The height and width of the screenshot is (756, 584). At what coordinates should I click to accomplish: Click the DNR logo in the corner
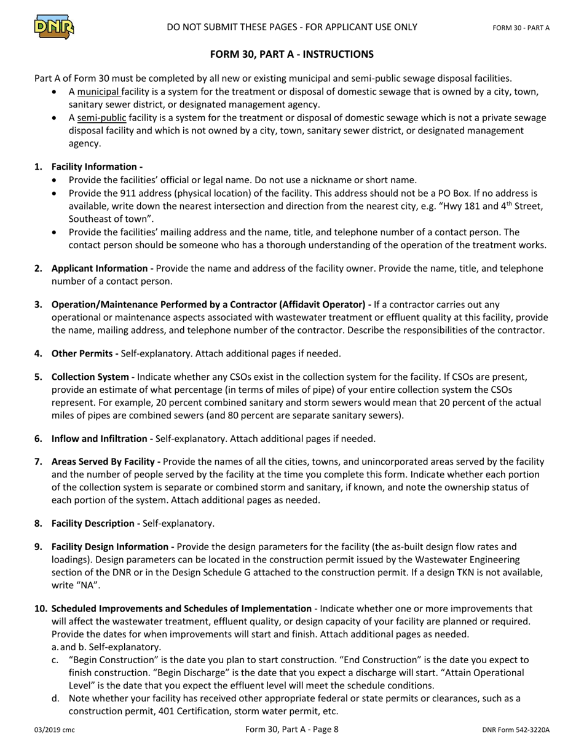pos(54,26)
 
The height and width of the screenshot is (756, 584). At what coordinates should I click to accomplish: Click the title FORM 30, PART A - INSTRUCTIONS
pos(291,54)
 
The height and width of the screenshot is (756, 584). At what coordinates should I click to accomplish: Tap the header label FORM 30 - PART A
pos(521,28)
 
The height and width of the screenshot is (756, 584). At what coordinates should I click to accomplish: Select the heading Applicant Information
pos(102,268)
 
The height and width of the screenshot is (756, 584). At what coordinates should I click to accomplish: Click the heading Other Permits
pos(85,353)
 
